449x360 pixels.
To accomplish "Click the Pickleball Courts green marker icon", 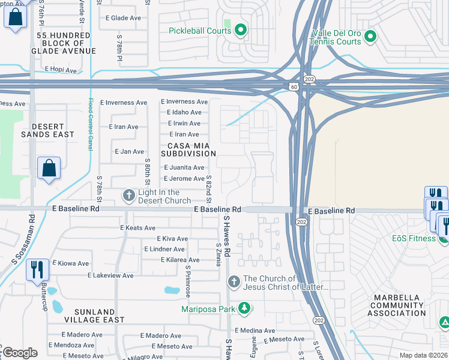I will pyautogui.click(x=241, y=29).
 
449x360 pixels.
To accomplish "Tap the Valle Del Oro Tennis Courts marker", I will pyautogui.click(x=370, y=37).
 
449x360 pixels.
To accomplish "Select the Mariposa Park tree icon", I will pyautogui.click(x=244, y=309).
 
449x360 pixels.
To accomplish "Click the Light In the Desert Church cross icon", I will pyautogui.click(x=128, y=196).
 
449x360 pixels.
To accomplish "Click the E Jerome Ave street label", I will pyautogui.click(x=184, y=179).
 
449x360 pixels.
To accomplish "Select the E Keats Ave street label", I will pyautogui.click(x=138, y=228).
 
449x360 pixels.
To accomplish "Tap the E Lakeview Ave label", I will pyautogui.click(x=111, y=275).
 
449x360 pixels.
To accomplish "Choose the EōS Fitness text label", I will pyautogui.click(x=414, y=238).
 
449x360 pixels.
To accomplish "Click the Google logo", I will pyautogui.click(x=20, y=353).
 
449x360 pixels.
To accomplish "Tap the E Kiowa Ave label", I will pyautogui.click(x=70, y=263).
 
